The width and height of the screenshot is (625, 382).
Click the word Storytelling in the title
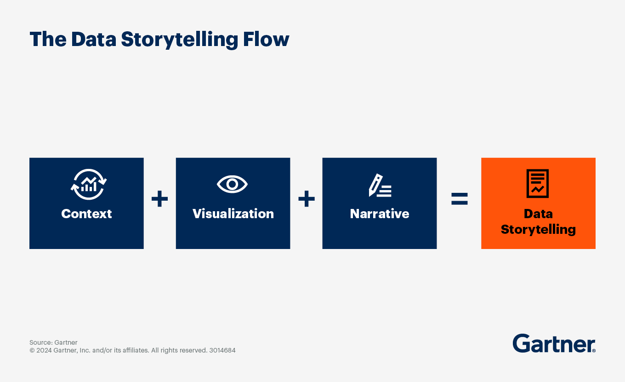(179, 40)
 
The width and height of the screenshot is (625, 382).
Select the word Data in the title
(93, 40)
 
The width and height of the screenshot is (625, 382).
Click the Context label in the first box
(86, 214)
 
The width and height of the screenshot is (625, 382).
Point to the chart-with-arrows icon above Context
(88, 185)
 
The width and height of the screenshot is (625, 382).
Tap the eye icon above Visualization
(233, 185)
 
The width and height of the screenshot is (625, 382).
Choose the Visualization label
(233, 214)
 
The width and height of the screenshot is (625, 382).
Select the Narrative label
(380, 214)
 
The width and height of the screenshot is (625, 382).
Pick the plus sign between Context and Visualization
(159, 199)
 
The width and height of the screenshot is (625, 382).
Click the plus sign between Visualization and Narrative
(307, 199)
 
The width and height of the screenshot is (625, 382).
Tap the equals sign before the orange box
(459, 199)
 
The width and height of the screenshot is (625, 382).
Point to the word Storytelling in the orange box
(538, 229)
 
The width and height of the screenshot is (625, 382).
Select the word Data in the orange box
(538, 214)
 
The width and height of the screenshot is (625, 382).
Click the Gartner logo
(553, 343)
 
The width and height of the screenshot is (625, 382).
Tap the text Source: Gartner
(53, 342)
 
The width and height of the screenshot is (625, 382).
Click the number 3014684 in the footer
(222, 350)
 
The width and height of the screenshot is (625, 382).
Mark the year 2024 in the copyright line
(44, 350)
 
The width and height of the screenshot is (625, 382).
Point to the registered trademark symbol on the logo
(594, 351)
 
